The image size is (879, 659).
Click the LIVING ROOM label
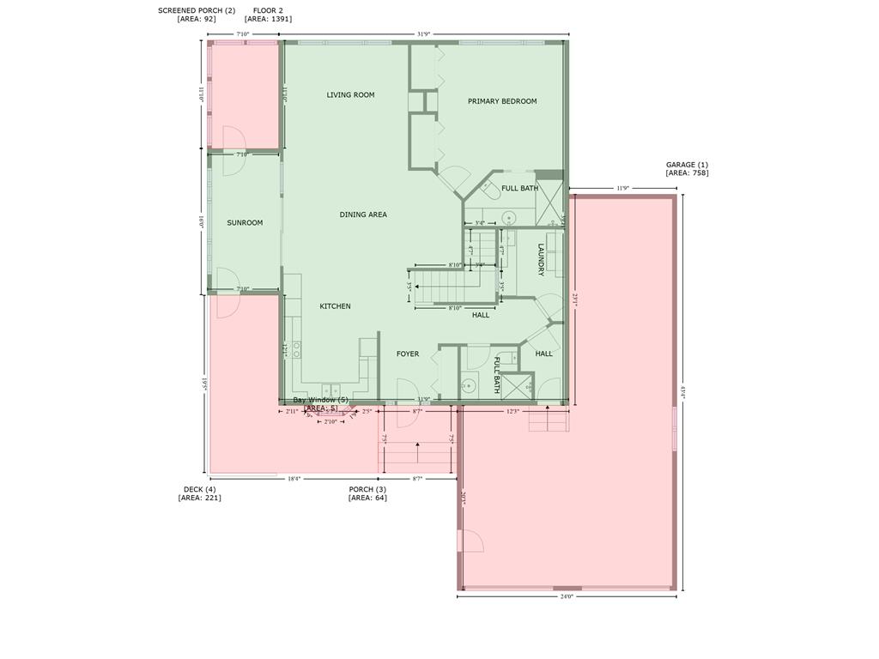350,95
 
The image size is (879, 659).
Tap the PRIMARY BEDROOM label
502,101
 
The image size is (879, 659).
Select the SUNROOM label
245,223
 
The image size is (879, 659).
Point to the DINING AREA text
363,215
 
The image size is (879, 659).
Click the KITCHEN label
335,306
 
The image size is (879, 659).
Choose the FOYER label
408,354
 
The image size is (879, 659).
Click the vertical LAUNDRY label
542,260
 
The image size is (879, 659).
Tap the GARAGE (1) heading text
687,165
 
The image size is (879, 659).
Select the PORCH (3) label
367,489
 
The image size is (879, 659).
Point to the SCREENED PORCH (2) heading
197,10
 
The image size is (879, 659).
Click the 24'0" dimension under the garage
566,596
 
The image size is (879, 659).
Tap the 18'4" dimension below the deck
293,479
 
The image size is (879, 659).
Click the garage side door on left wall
470,541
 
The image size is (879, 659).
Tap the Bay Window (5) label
321,400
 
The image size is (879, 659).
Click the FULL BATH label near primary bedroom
520,188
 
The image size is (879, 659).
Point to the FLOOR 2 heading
268,10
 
